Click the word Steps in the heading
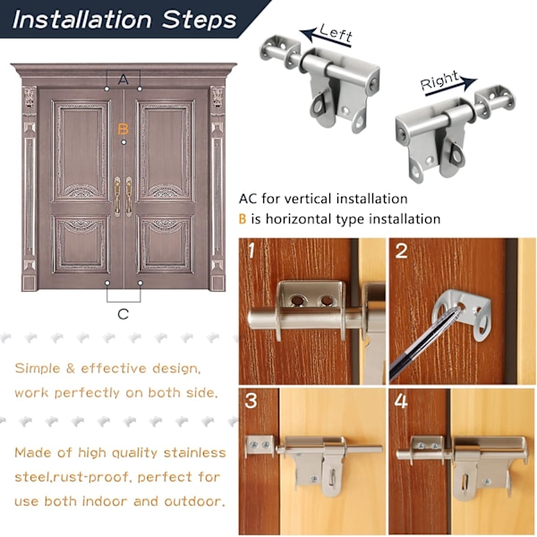click(199, 20)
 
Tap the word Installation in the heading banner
click(81, 20)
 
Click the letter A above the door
click(123, 80)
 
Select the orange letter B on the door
click(123, 129)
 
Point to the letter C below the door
click(123, 314)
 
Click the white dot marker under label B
click(124, 142)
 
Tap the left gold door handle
click(117, 195)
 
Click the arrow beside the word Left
click(326, 38)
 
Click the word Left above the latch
click(336, 33)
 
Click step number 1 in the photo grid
click(251, 251)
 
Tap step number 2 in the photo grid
click(401, 251)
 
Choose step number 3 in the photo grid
click(251, 400)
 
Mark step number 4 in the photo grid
click(401, 401)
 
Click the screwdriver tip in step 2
click(457, 310)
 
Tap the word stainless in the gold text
click(194, 453)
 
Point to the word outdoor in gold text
click(194, 501)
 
